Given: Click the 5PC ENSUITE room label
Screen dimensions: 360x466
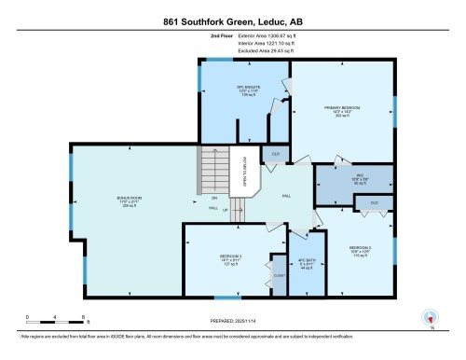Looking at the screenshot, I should tap(246, 90).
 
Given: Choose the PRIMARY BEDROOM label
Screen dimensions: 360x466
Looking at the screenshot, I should tap(343, 108).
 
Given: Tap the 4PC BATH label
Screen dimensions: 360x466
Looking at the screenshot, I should tap(304, 261).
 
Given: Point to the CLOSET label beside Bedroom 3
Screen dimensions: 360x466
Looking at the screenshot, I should tap(279, 276).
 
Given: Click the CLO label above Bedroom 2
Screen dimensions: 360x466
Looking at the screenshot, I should tap(374, 202).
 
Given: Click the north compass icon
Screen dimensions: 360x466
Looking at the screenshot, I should tap(430, 318).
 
